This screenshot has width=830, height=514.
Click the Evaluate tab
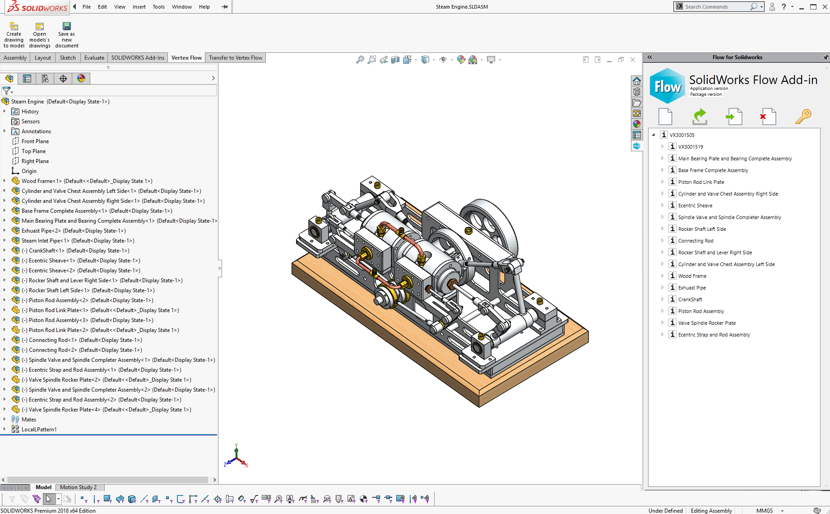(x=94, y=57)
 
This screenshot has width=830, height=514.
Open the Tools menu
(x=158, y=7)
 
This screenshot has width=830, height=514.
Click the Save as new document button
(x=67, y=35)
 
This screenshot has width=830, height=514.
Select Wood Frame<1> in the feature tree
(x=41, y=181)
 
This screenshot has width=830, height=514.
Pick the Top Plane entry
(x=33, y=151)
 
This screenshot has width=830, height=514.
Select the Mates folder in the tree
(x=28, y=420)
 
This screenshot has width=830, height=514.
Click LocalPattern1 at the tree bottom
(x=39, y=430)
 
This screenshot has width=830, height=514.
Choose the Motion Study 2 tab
(x=78, y=487)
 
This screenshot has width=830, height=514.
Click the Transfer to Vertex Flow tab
(x=235, y=57)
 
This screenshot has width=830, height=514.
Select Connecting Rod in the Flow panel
(x=696, y=241)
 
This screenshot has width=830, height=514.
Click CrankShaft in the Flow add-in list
(x=690, y=299)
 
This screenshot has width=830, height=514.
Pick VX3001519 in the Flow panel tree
(x=690, y=147)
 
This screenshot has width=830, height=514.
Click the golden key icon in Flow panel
(x=803, y=117)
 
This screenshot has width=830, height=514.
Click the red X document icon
(x=768, y=117)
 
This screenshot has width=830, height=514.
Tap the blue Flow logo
(x=667, y=86)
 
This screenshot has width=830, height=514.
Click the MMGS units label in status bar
(x=764, y=510)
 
